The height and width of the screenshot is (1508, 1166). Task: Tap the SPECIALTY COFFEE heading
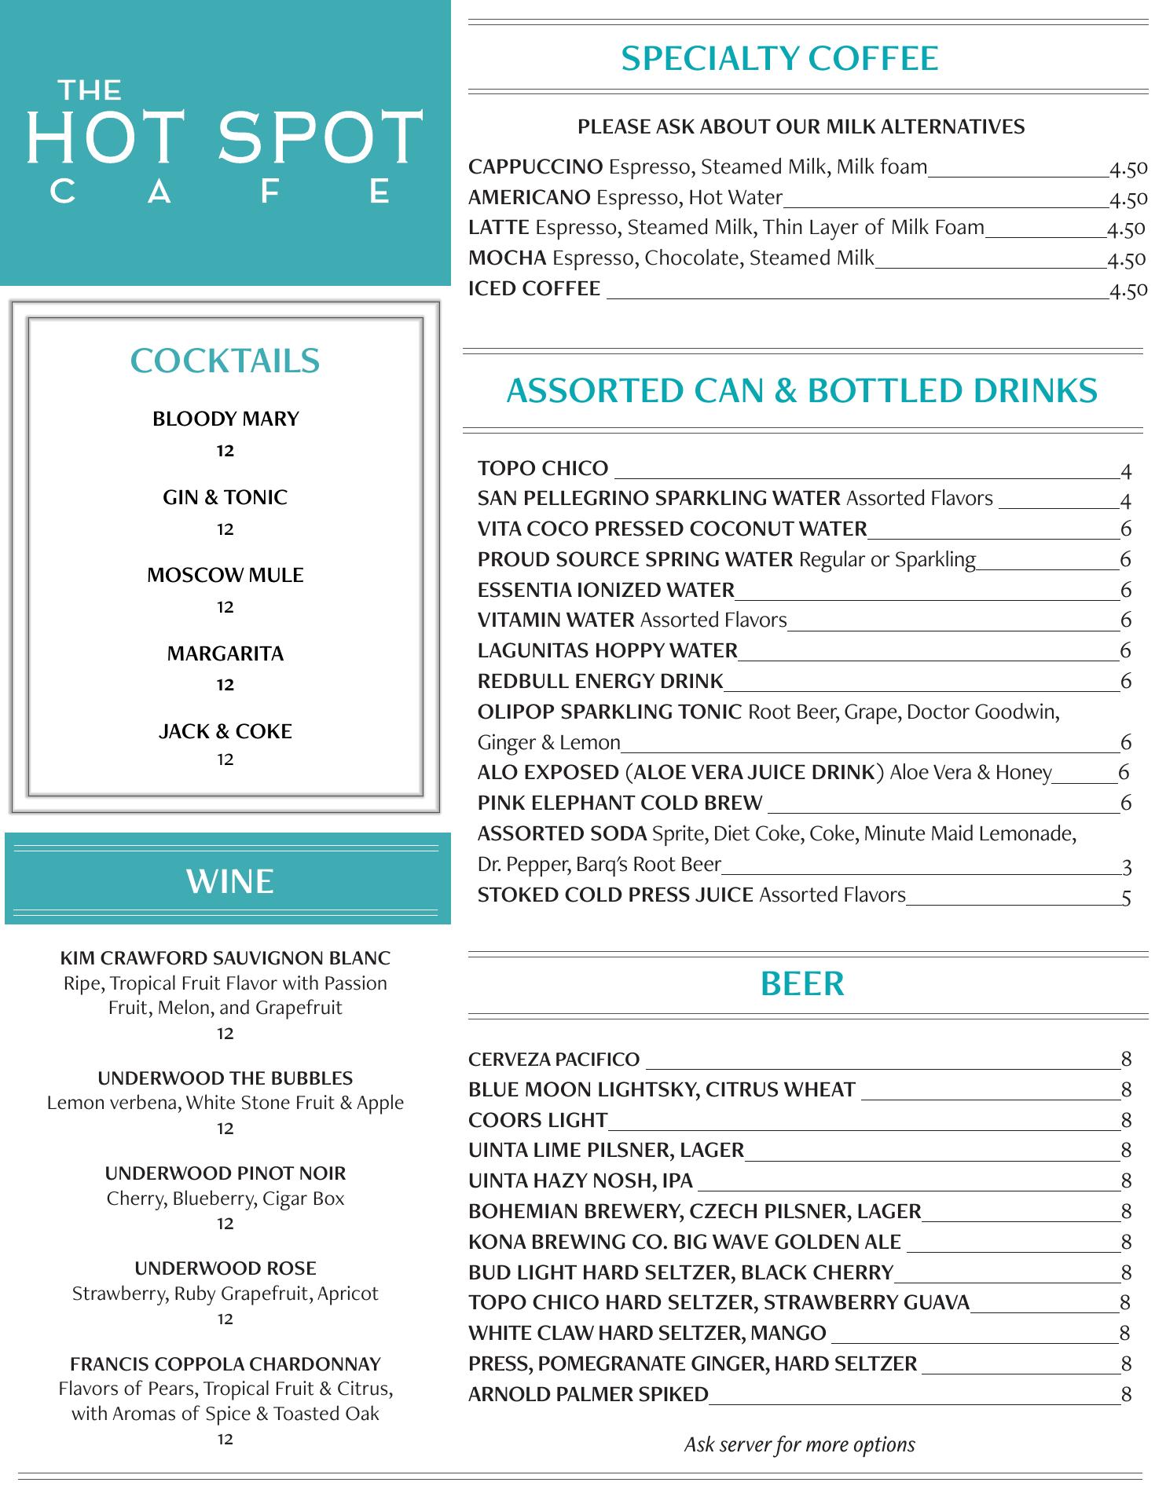coord(779,59)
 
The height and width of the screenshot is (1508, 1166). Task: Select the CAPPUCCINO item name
coord(535,167)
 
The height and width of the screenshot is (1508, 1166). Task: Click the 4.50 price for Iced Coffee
coord(1128,291)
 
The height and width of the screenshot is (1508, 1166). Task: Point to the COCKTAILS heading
coord(225,361)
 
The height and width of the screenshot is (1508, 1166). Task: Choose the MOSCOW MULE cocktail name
coord(225,575)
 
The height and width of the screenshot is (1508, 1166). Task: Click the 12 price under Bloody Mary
coord(225,451)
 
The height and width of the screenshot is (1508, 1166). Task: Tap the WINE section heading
coord(229,881)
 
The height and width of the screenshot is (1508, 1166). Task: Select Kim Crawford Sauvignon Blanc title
coord(225,958)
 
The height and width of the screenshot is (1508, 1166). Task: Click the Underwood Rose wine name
coord(225,1268)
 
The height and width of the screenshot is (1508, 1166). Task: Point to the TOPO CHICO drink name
coord(543,469)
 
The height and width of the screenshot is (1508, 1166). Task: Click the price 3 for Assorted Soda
coord(1127,867)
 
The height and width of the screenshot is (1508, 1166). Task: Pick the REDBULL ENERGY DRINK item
coord(600,681)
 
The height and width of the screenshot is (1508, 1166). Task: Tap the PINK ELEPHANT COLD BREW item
coord(620,803)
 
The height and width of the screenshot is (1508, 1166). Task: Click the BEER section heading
coord(802,983)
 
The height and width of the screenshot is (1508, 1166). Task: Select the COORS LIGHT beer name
coord(537,1120)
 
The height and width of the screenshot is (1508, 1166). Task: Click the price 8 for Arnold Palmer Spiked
coord(1126,1394)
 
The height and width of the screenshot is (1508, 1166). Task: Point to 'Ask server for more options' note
coord(799,1444)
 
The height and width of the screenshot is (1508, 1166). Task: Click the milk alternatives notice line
coord(801,127)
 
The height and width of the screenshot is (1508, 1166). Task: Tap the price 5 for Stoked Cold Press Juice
coord(1126,897)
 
